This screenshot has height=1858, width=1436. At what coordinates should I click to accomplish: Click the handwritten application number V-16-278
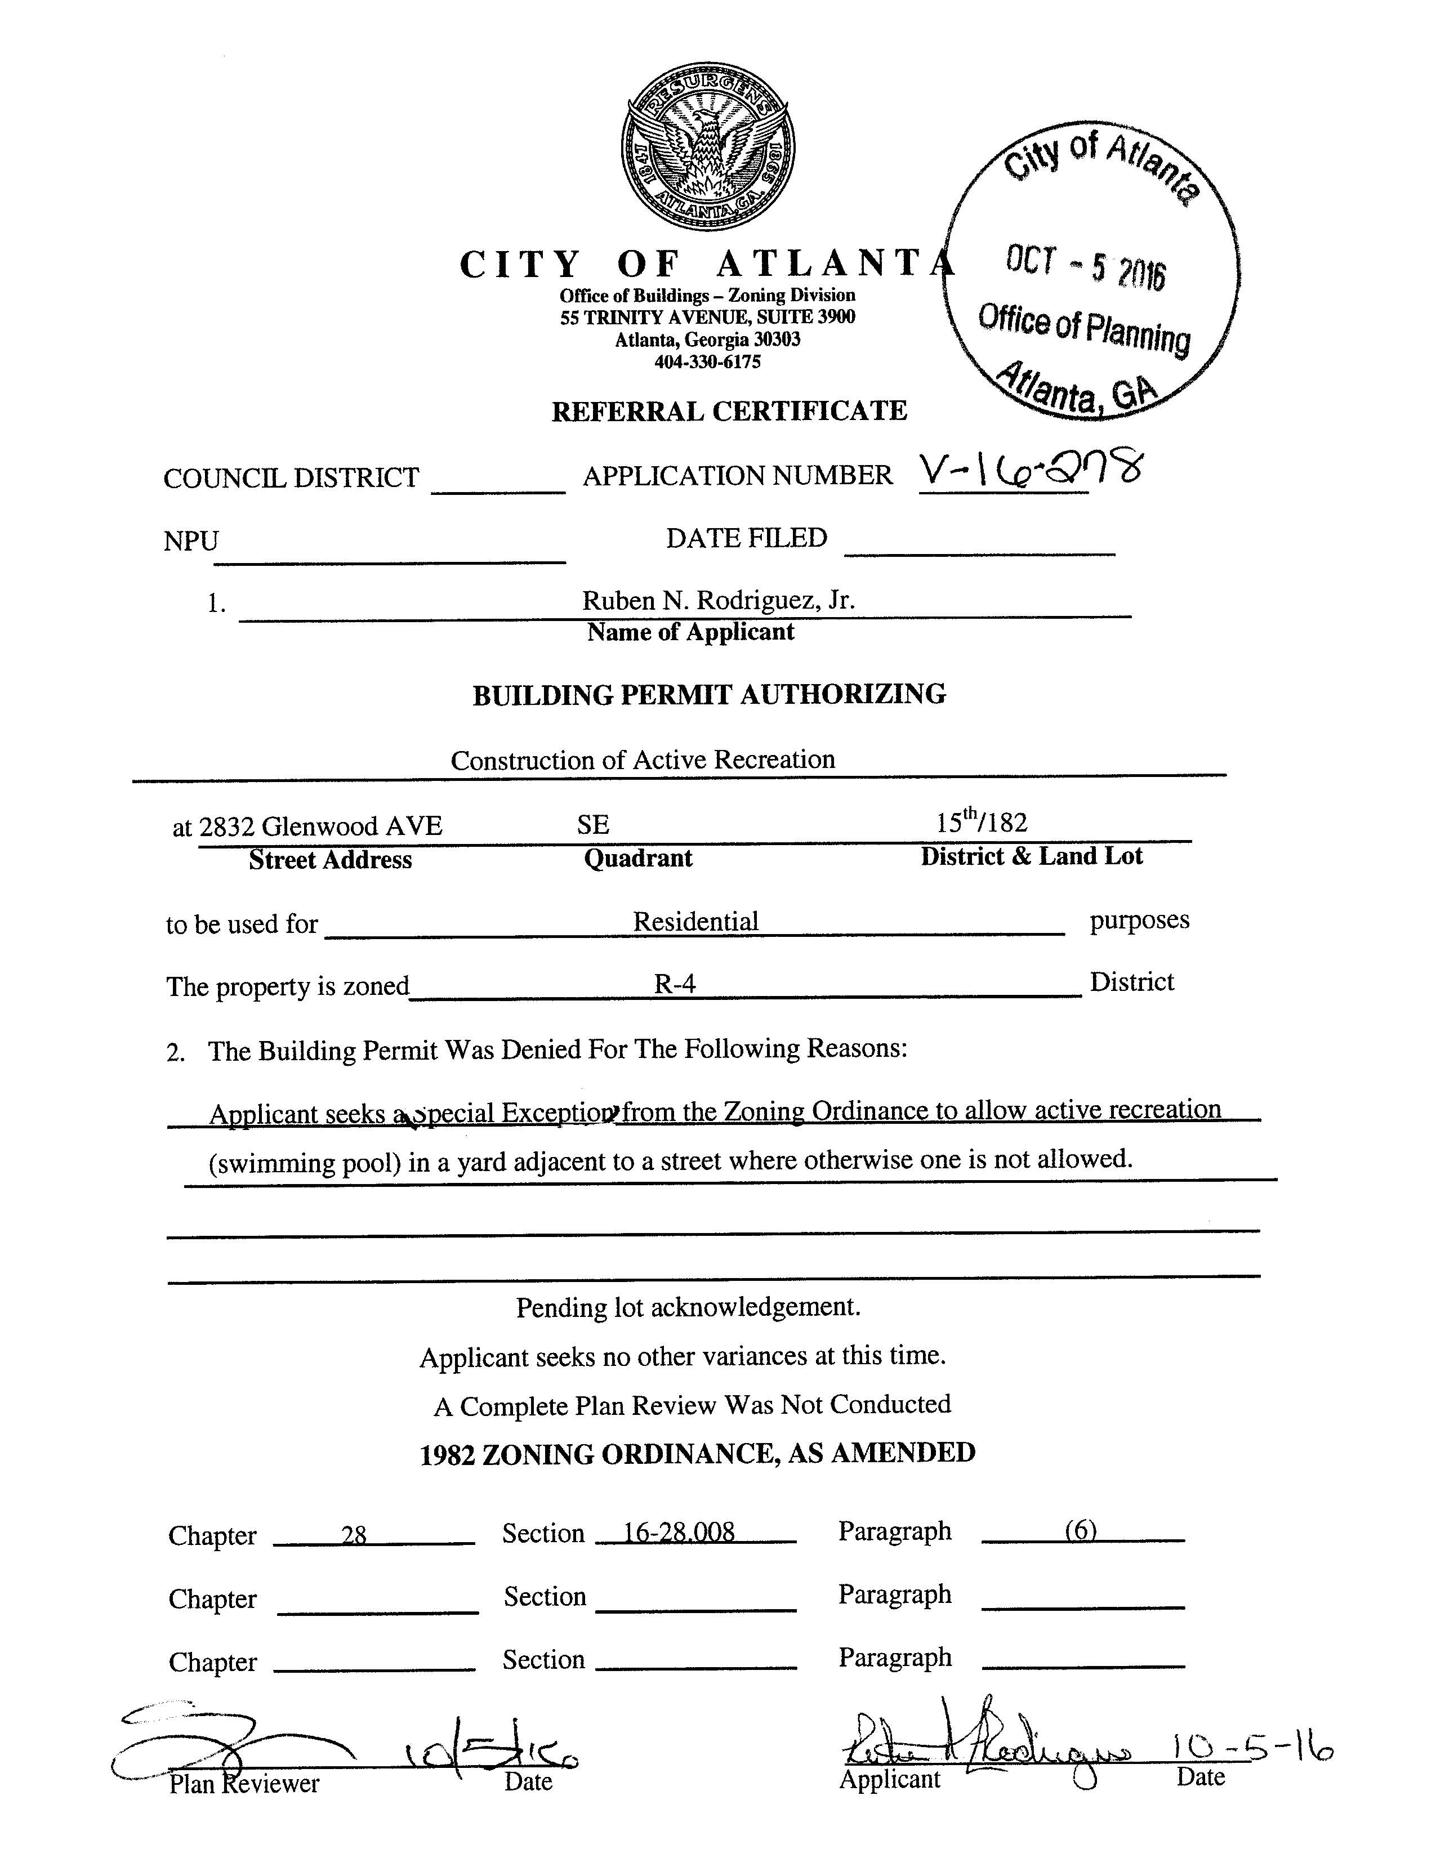(1030, 472)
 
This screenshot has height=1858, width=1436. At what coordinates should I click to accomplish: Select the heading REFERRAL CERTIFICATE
(729, 411)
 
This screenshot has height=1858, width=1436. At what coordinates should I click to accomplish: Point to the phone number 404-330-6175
(707, 361)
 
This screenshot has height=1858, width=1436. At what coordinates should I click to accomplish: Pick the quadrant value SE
(593, 824)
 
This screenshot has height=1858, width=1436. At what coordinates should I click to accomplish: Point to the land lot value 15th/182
(982, 823)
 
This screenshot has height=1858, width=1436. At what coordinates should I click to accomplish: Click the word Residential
(695, 921)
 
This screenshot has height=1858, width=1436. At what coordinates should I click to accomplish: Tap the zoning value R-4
(675, 984)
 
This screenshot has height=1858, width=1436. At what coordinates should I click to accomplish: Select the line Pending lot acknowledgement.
(688, 1307)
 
